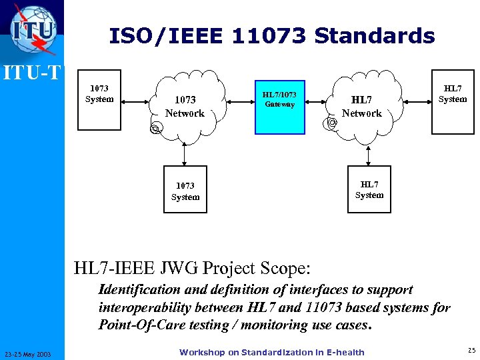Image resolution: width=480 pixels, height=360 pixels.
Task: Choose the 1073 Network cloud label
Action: coord(185,107)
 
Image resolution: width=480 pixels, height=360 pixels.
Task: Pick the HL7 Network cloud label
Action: coord(361,107)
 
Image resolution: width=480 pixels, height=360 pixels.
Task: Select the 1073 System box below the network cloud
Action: coord(185,191)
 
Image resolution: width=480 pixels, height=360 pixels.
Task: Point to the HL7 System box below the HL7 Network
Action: coord(369,190)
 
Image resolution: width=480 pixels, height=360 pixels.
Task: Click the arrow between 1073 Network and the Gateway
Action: coord(241,102)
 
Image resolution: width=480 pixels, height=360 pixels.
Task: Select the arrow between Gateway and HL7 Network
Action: coord(318,102)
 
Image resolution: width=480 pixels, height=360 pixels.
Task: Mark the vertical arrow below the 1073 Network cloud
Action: coord(185,155)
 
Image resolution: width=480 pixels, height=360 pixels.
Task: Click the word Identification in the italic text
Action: coord(139,289)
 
